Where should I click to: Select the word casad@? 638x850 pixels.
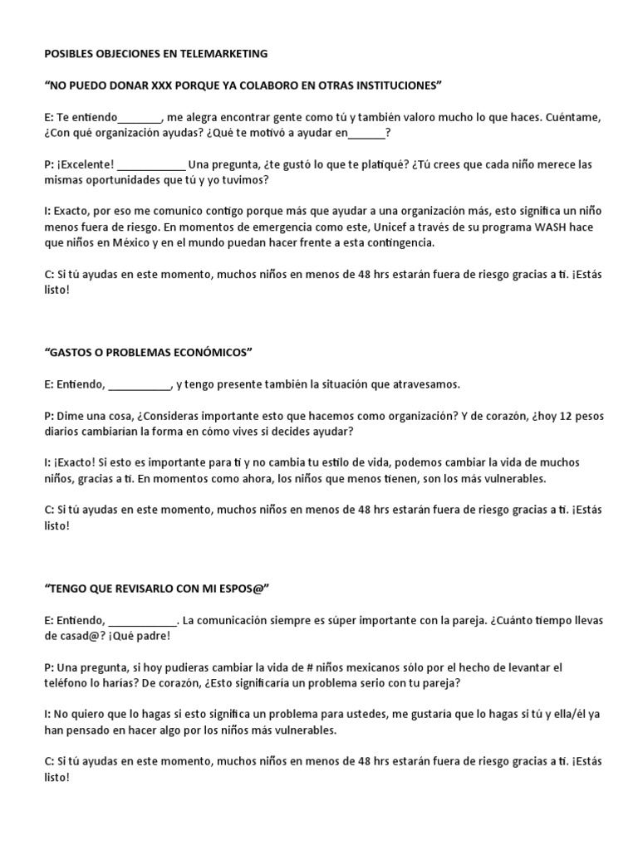coord(80,636)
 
